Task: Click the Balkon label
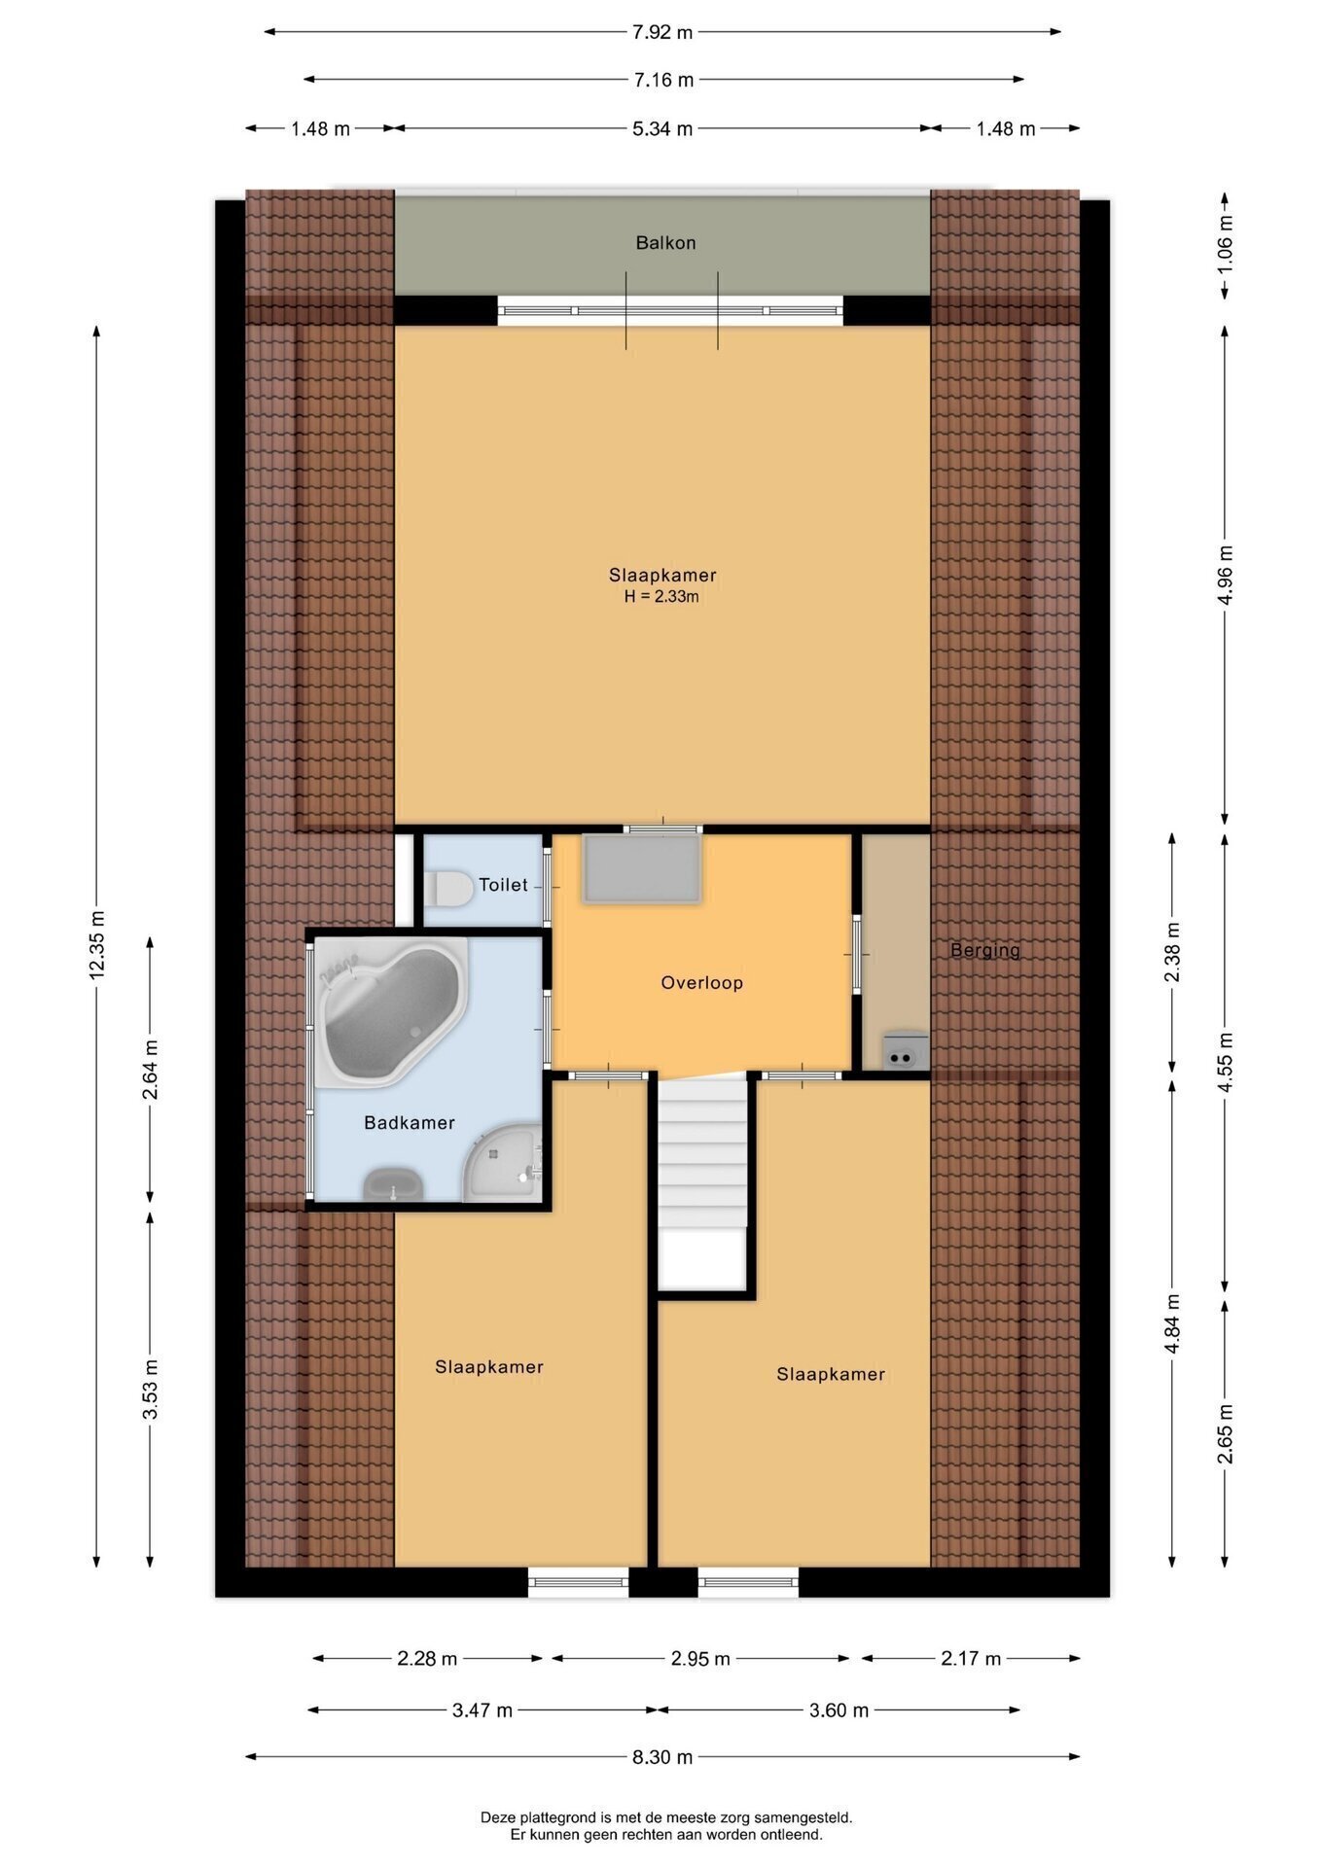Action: coord(665,242)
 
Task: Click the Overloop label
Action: coord(701,982)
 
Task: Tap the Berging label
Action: coord(985,950)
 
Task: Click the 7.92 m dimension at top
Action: coord(662,32)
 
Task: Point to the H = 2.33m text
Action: coord(661,597)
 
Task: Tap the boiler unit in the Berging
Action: coord(905,1050)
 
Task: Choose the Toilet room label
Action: coord(503,885)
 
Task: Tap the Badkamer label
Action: coord(410,1123)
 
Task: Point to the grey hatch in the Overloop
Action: coord(641,867)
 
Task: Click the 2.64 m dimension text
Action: coord(150,1070)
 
